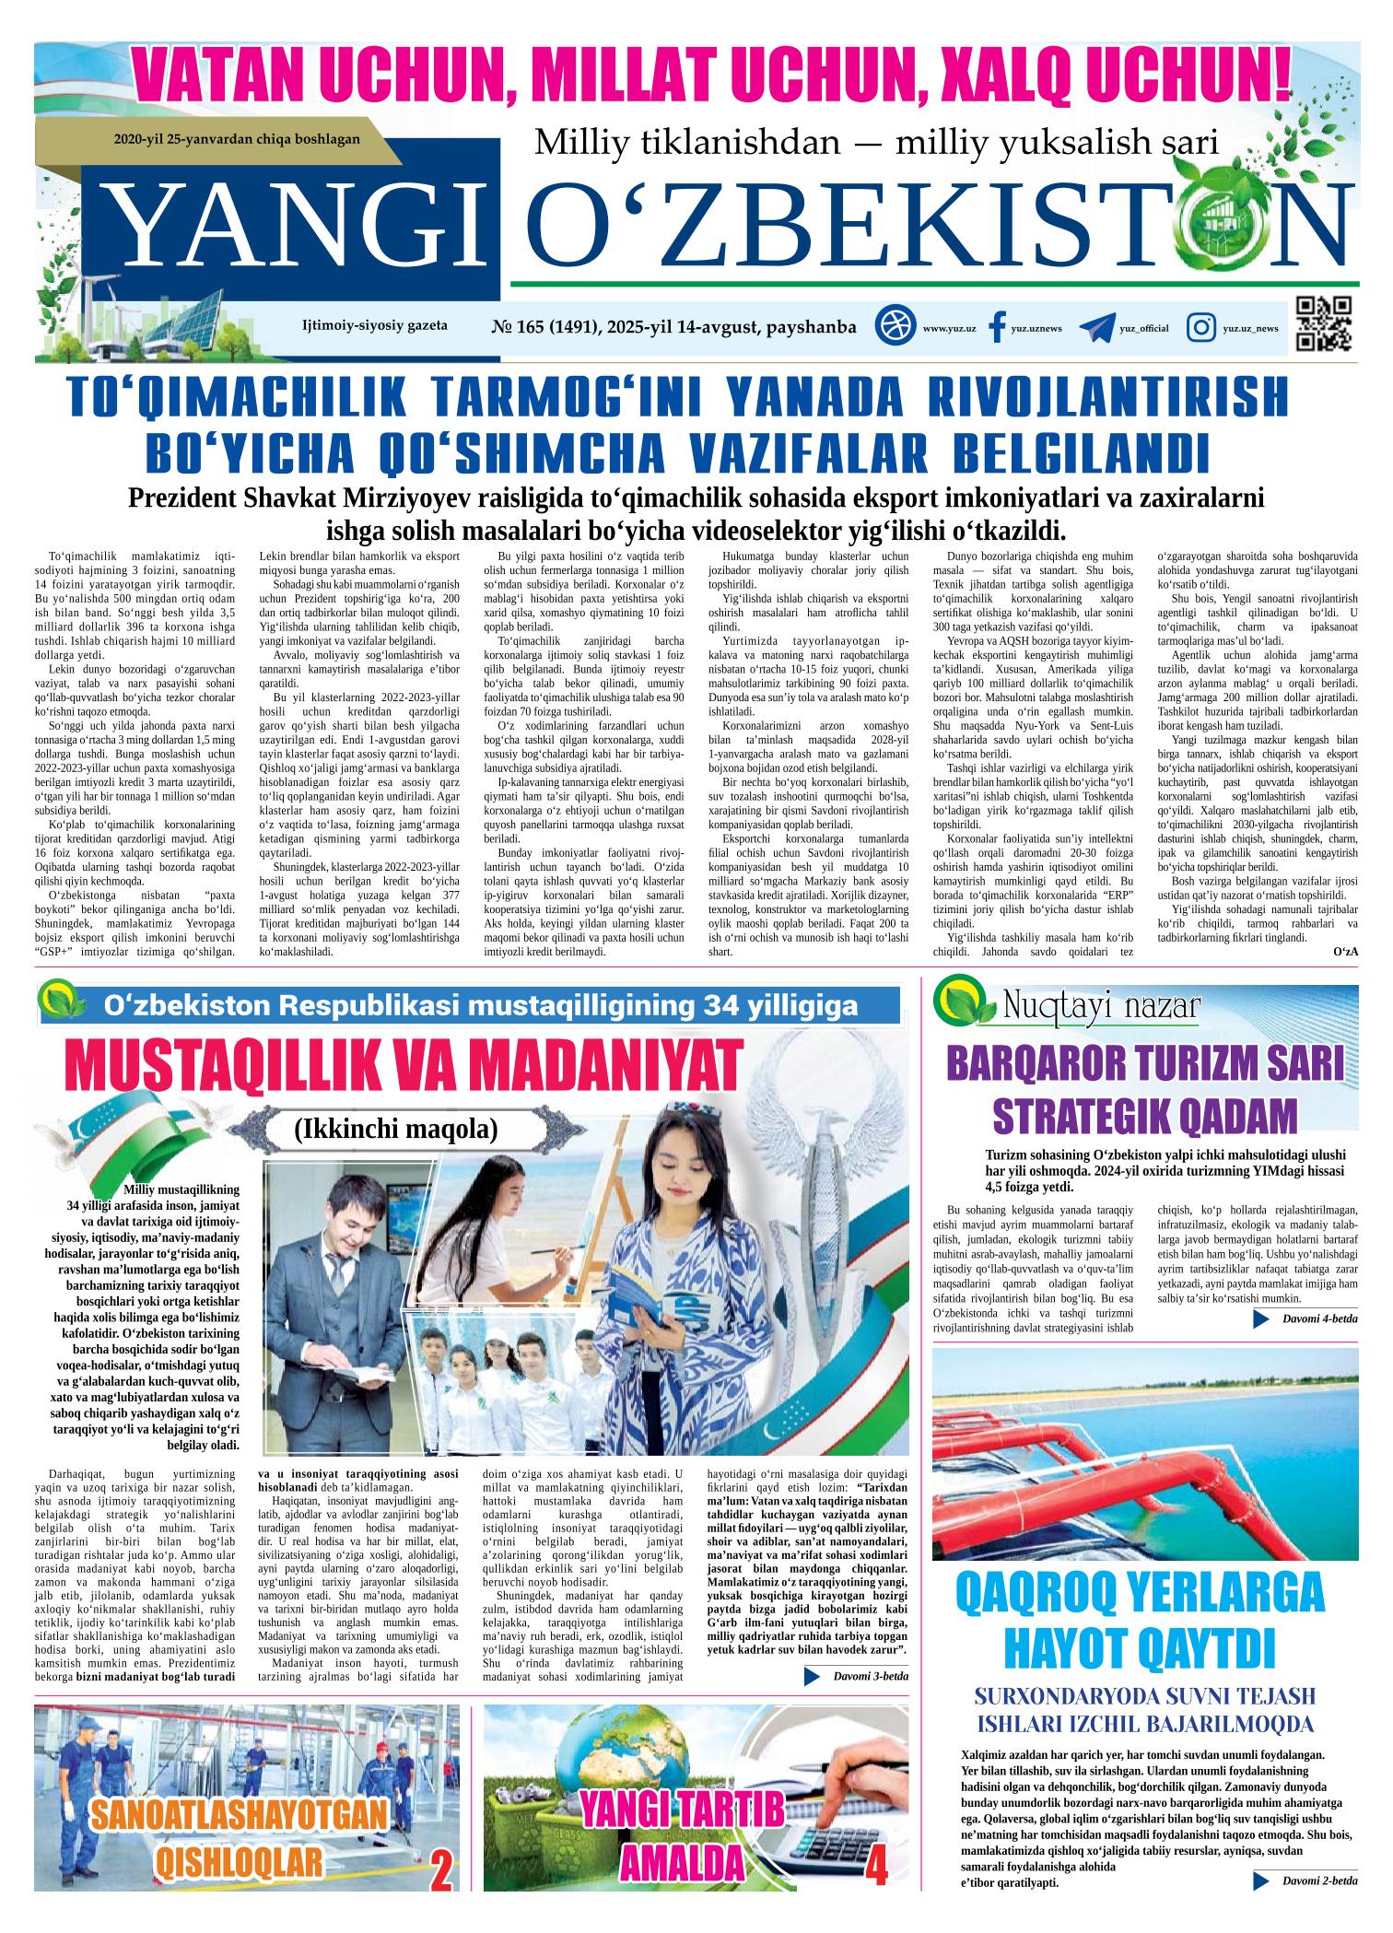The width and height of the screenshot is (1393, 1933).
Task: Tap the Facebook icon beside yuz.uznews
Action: (996, 328)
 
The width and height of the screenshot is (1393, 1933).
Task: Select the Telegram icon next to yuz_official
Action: (1096, 328)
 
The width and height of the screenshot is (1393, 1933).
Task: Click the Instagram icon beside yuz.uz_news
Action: (1200, 328)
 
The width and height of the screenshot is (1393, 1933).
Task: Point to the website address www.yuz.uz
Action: (949, 329)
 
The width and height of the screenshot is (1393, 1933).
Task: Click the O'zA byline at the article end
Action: (1345, 951)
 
